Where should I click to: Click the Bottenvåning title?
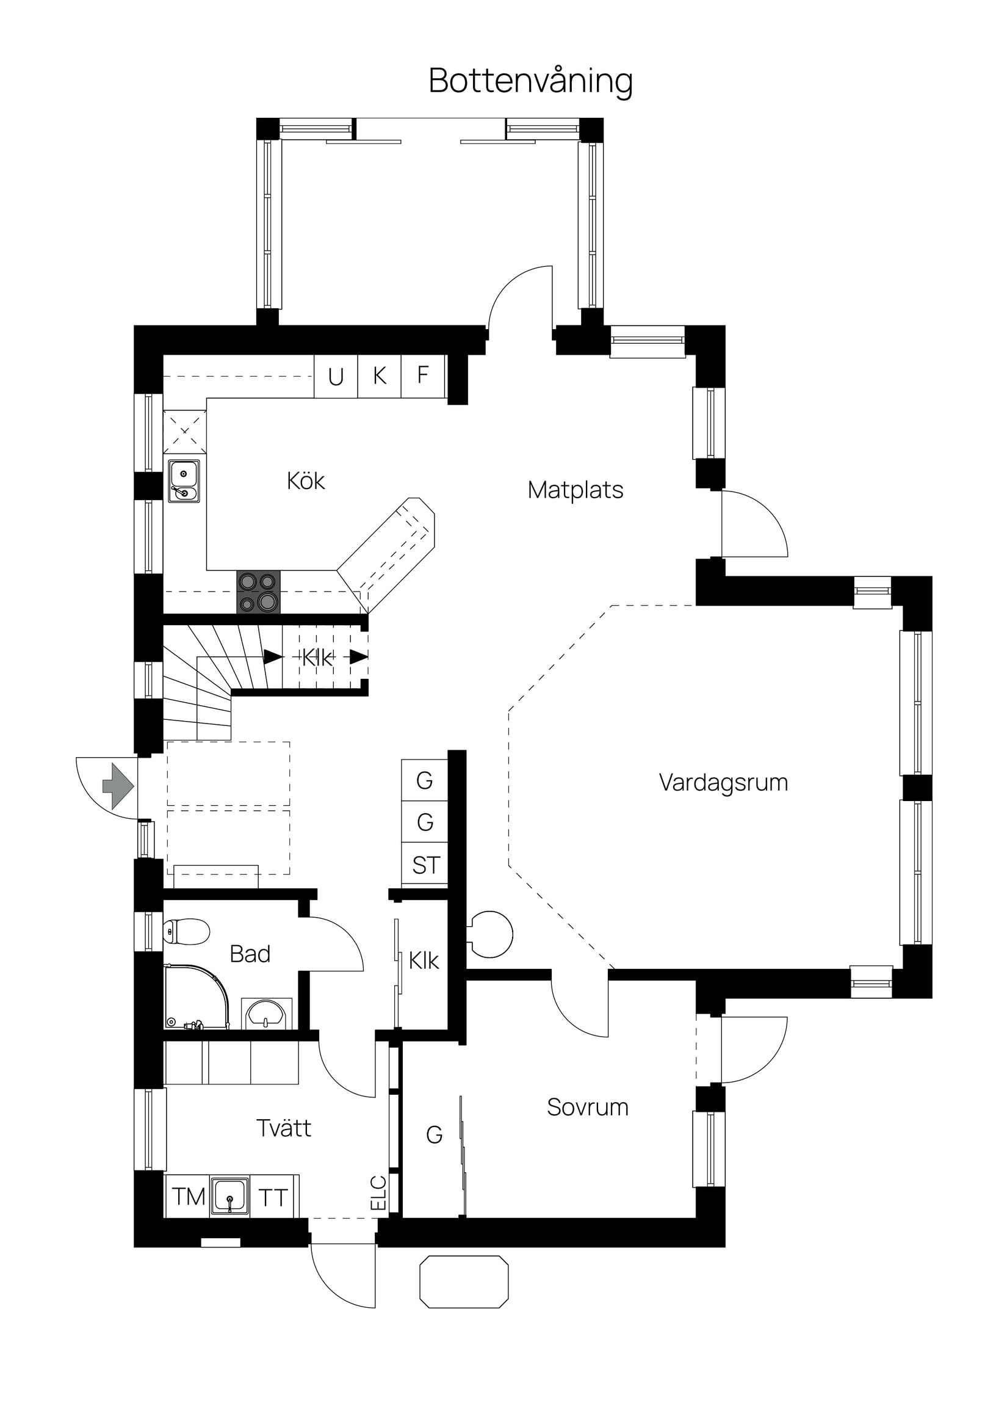tap(530, 81)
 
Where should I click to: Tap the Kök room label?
tap(305, 481)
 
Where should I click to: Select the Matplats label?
tap(575, 490)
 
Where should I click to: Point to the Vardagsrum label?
tap(723, 783)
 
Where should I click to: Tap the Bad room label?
tap(250, 953)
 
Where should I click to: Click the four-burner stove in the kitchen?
tap(258, 592)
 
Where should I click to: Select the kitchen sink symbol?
tap(184, 481)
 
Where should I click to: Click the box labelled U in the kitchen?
tap(336, 377)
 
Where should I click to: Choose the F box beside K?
tap(423, 375)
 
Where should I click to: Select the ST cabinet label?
tap(425, 865)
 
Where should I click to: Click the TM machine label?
tap(189, 1197)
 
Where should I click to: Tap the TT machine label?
tap(273, 1198)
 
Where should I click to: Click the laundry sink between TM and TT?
tap(229, 1196)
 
